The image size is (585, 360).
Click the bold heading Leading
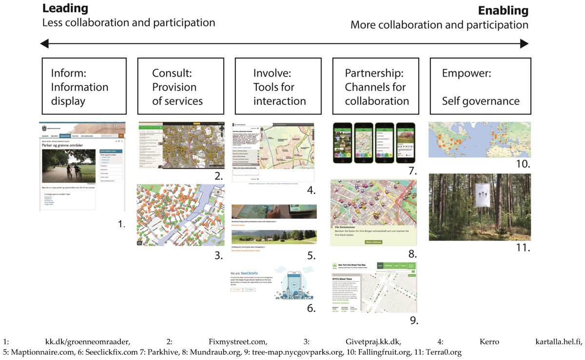[65, 8]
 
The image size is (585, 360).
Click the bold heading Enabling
[503, 10]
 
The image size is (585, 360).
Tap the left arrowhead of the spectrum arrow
[44, 44]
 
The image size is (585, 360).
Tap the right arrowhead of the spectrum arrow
[525, 44]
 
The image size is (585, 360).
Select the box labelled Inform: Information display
[84, 86]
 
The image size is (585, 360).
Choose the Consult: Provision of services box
[181, 86]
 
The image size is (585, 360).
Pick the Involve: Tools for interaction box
[278, 86]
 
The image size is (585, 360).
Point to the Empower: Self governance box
[480, 86]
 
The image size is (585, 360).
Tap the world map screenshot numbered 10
[479, 140]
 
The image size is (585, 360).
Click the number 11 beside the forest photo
[523, 247]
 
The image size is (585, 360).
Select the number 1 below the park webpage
[121, 224]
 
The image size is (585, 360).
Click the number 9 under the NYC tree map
[414, 320]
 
